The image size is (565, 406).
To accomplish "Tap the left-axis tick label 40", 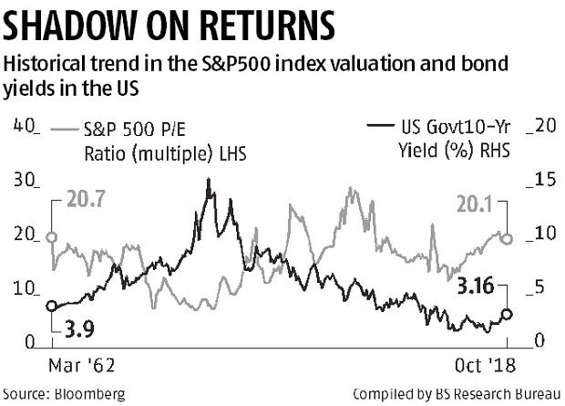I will pyautogui.click(x=23, y=125).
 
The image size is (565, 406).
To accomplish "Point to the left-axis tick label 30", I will pyautogui.click(x=23, y=179).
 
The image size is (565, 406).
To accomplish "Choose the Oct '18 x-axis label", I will pyautogui.click(x=480, y=368).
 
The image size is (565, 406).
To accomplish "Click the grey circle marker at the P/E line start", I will pyautogui.click(x=51, y=238).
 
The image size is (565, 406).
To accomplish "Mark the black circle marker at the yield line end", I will pyautogui.click(x=508, y=314).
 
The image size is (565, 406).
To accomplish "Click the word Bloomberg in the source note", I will pyautogui.click(x=87, y=394).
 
